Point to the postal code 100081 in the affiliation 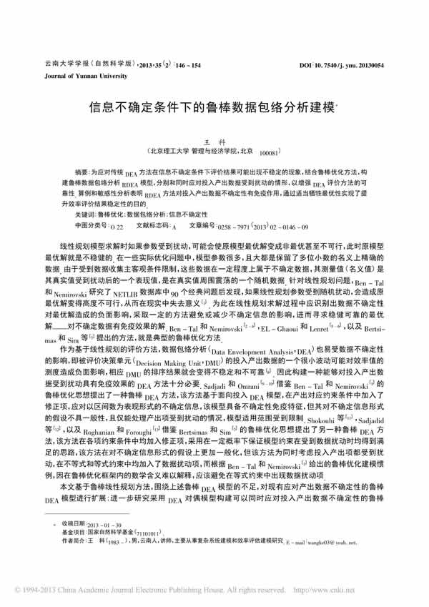click(270, 154)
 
